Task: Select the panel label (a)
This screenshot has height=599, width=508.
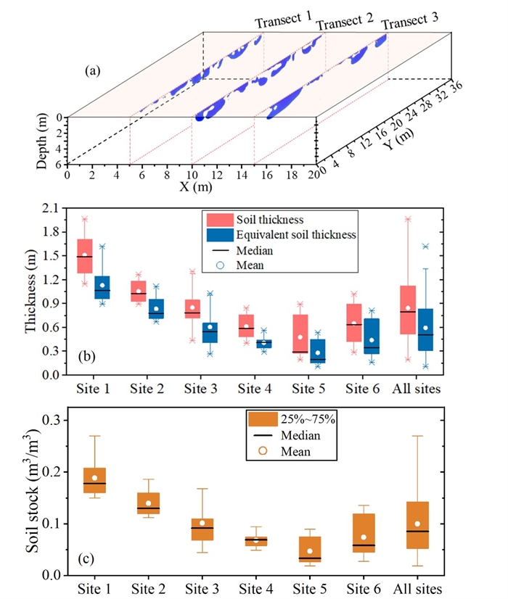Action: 93,70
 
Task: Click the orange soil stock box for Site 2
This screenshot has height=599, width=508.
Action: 147,503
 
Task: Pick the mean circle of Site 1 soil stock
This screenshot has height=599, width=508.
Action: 95,478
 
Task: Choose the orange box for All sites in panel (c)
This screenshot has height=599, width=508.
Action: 418,525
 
